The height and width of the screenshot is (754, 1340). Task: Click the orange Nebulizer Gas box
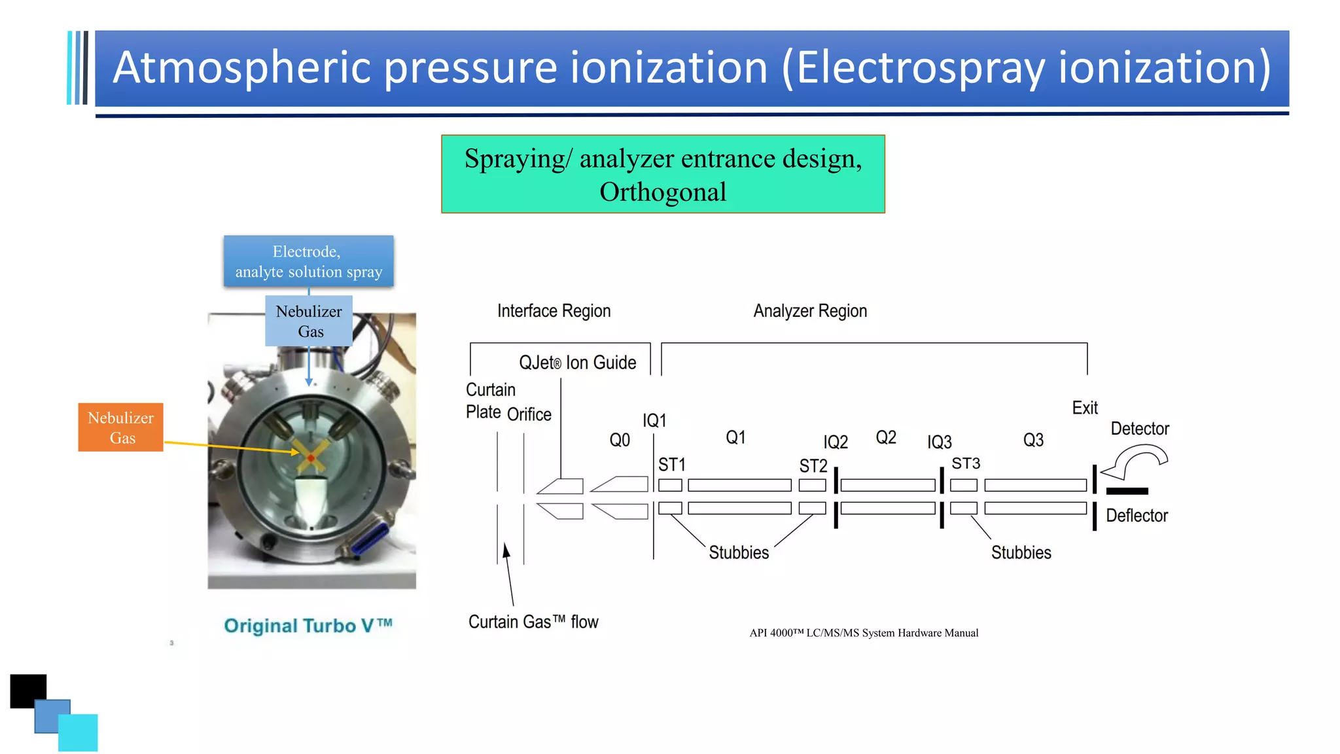coord(120,427)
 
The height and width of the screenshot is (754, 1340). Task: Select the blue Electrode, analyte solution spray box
coord(308,261)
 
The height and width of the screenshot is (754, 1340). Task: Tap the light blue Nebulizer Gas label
coord(309,321)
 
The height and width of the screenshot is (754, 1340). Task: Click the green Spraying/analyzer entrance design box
coord(663,174)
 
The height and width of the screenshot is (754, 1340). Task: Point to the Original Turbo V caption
coord(308,626)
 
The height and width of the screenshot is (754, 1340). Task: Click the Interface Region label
coord(554,311)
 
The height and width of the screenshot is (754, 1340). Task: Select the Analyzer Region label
coord(810,311)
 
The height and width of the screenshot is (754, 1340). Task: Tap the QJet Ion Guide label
coord(577,363)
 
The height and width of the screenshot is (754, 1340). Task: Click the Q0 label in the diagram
coord(620,440)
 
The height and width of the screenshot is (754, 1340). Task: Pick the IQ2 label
coord(836,442)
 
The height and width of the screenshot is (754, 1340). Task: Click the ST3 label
coord(966,463)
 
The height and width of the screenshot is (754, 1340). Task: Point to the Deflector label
coord(1137,516)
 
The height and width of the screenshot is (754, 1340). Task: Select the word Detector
coord(1140,429)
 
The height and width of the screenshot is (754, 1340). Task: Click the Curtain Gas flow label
coord(533,622)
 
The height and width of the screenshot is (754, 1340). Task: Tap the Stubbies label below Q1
coord(739,552)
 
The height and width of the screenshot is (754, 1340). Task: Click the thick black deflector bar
coord(1127,491)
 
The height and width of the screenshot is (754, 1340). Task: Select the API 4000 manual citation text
coord(864,633)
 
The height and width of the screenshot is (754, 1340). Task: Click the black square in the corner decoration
coord(27,689)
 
